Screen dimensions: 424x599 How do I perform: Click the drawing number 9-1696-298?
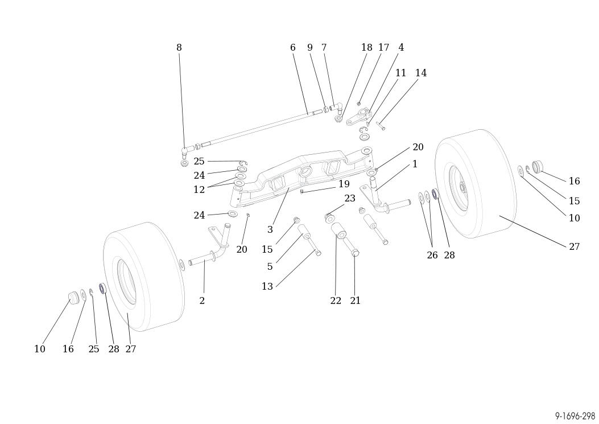tap(575, 417)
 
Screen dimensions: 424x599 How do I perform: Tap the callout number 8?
tap(179, 48)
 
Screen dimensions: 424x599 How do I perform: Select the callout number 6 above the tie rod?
tap(292, 48)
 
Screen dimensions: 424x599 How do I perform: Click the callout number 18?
tap(366, 48)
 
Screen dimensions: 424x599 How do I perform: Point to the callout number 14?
tap(420, 73)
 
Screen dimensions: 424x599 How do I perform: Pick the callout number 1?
tap(415, 164)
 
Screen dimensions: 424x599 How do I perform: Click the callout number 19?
tap(344, 184)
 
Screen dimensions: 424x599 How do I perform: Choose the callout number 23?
tap(349, 199)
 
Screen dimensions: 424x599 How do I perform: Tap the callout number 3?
tap(270, 230)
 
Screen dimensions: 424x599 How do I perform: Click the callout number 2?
tap(202, 301)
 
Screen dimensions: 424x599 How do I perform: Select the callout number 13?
tap(267, 287)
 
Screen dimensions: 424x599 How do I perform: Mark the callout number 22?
tap(336, 301)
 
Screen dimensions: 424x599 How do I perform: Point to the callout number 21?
tap(356, 301)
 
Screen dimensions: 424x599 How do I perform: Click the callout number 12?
tap(199, 190)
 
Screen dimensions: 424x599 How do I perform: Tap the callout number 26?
tap(432, 256)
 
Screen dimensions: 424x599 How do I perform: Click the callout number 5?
tap(270, 267)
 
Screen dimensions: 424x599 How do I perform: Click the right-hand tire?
tap(484, 182)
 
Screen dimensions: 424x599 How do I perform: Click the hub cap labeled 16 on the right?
tap(538, 167)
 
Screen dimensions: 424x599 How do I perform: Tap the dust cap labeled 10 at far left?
tap(73, 298)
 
